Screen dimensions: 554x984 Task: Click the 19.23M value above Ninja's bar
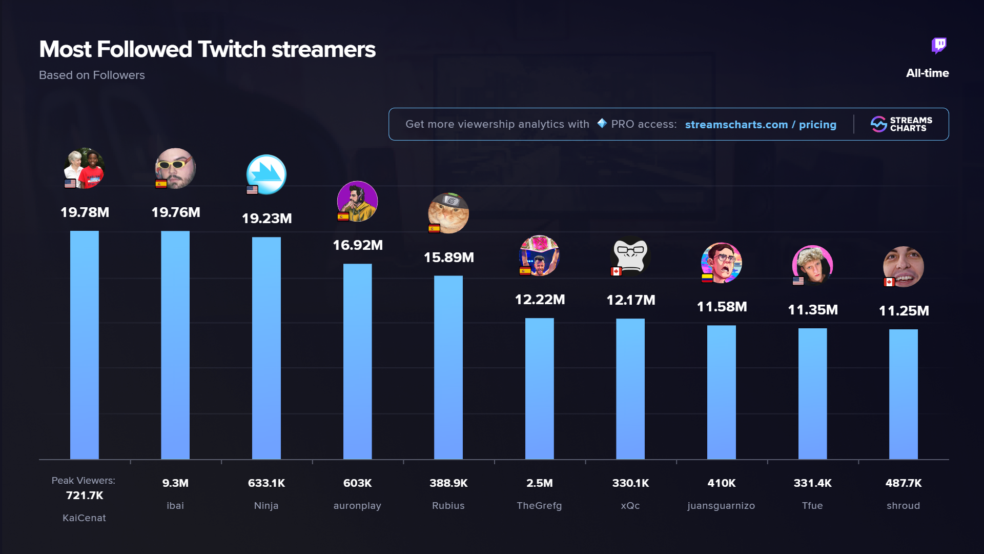pyautogui.click(x=266, y=219)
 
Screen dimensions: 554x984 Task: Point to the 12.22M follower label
pyautogui.click(x=540, y=300)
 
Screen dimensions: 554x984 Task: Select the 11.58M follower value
pyautogui.click(x=722, y=307)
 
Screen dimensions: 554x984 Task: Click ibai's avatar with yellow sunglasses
pyautogui.click(x=176, y=168)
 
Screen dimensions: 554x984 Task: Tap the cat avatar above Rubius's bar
pyautogui.click(x=449, y=213)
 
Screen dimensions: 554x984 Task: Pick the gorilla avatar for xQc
pyautogui.click(x=631, y=255)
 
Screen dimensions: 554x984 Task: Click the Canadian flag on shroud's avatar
pyautogui.click(x=889, y=282)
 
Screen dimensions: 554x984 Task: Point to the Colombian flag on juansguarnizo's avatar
pyautogui.click(x=707, y=278)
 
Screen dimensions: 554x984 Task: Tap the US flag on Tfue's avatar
pyautogui.click(x=798, y=281)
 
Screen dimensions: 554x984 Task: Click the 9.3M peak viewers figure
pyautogui.click(x=175, y=483)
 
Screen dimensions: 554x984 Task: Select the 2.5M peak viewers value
pyautogui.click(x=540, y=483)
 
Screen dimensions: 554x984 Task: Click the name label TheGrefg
pyautogui.click(x=539, y=506)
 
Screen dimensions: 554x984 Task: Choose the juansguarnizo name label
pyautogui.click(x=721, y=506)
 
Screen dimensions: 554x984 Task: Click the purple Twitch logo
pyautogui.click(x=939, y=46)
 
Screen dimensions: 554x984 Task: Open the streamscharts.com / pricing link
pyautogui.click(x=761, y=125)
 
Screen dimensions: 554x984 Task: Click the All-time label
pyautogui.click(x=927, y=73)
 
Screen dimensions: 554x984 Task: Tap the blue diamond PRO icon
pyautogui.click(x=602, y=124)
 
